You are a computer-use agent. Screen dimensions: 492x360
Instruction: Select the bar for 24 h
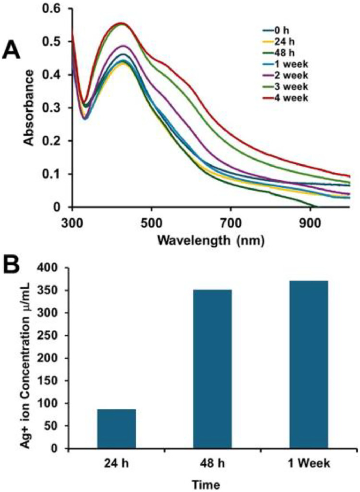coord(116,429)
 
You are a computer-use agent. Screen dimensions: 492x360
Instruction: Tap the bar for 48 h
coord(212,369)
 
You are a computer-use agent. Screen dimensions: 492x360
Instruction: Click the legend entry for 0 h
coord(281,31)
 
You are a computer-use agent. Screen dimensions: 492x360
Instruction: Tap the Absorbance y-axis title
coord(29,107)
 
